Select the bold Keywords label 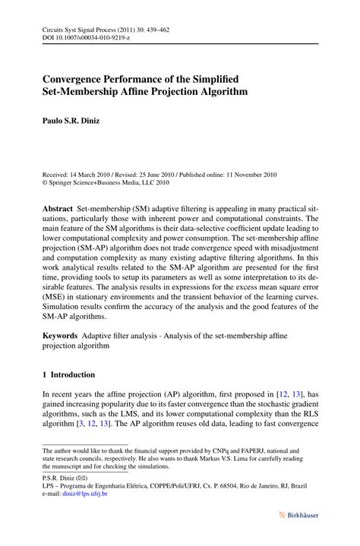tap(60, 334)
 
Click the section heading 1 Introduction tap(68, 374)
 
